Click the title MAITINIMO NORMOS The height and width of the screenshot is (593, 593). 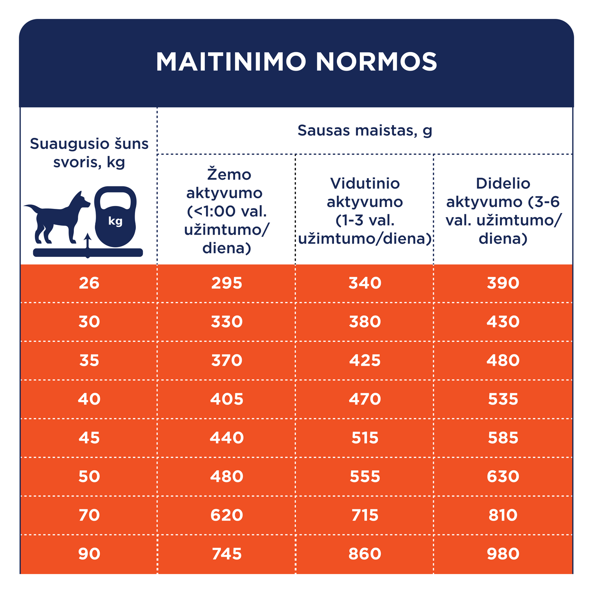coord(296,62)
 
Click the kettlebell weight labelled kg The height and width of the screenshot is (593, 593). coord(115,218)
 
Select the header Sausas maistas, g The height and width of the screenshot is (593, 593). coord(364,131)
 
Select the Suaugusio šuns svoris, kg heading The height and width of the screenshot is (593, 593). coord(89,153)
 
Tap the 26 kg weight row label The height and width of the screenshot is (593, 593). coord(89,283)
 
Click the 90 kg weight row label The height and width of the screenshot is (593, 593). coord(89,554)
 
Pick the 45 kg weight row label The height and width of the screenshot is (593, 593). coord(89,438)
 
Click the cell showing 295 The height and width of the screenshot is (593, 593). coord(227,283)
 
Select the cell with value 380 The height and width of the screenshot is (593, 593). coord(365,322)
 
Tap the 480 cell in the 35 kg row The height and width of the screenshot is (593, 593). coord(503,360)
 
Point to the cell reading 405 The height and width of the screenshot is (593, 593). coord(227,399)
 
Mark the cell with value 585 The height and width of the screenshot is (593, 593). coord(503,438)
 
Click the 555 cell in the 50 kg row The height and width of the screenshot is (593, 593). coord(365,476)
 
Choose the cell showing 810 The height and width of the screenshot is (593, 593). coord(503,515)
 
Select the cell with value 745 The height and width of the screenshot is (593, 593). coord(227,554)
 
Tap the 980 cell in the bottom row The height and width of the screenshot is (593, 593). coord(503,554)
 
